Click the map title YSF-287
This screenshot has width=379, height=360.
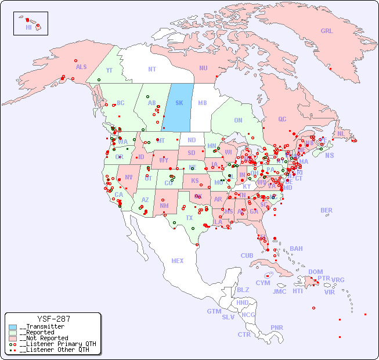pyautogui.click(x=53, y=319)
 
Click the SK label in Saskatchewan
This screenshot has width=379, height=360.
pyautogui.click(x=179, y=103)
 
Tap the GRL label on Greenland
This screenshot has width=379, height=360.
pyautogui.click(x=327, y=31)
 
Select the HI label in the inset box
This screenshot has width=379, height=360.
pyautogui.click(x=28, y=27)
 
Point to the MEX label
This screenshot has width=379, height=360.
pyautogui.click(x=178, y=261)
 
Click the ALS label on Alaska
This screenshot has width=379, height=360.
pyautogui.click(x=81, y=67)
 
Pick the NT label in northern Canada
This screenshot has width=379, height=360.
pyautogui.click(x=152, y=69)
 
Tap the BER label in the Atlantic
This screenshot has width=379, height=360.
pyautogui.click(x=327, y=210)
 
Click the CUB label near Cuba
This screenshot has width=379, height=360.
pyautogui.click(x=247, y=255)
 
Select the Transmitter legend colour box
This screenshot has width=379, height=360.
pyautogui.click(x=13, y=327)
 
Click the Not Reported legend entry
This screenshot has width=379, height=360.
pyautogui.click(x=44, y=338)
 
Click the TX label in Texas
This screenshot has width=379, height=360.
pyautogui.click(x=189, y=218)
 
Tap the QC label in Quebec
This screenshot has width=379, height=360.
pyautogui.click(x=282, y=119)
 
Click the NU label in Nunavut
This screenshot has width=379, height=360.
pyautogui.click(x=203, y=68)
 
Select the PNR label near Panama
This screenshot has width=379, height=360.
pyautogui.click(x=277, y=327)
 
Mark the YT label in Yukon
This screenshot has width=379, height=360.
pyautogui.click(x=109, y=70)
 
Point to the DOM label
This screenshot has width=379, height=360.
pyautogui.click(x=315, y=272)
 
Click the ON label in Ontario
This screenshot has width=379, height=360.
pyautogui.click(x=238, y=120)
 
